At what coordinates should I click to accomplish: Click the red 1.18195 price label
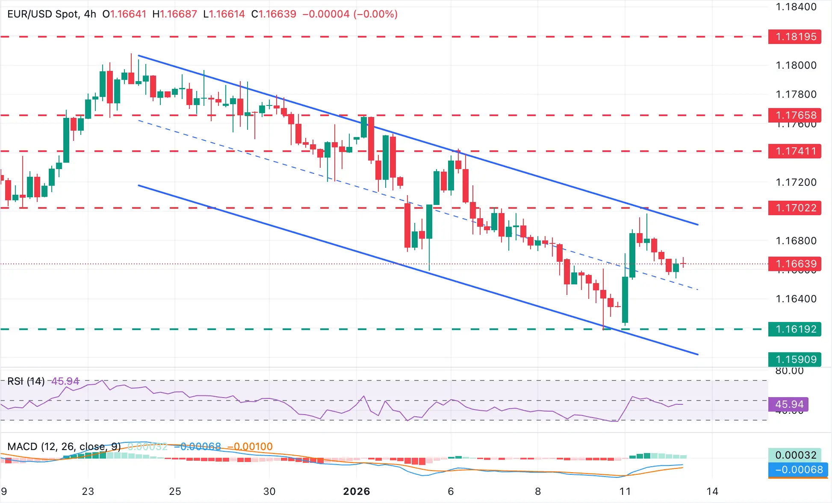coord(794,37)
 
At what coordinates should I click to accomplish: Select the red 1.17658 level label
coord(794,115)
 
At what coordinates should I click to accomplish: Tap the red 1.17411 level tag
coord(794,151)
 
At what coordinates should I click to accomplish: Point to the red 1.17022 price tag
coord(794,208)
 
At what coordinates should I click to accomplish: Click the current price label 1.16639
coord(794,264)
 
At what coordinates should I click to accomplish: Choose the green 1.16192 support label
coord(794,329)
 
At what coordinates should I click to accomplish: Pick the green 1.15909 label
coord(794,360)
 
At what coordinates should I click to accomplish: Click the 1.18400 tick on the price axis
coord(796,7)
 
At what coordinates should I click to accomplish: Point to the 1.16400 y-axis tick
coord(796,299)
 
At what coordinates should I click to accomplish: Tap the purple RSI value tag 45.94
coord(789,404)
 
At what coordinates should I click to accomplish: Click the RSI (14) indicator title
coord(26,381)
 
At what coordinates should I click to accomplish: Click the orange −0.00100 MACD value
coord(250,447)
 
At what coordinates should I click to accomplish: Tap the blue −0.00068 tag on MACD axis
coord(798,470)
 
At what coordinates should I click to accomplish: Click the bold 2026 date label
coord(357,491)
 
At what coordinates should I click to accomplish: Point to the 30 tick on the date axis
coord(269,491)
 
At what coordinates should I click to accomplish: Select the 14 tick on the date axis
coord(712,491)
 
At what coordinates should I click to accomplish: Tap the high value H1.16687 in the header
coord(175,14)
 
